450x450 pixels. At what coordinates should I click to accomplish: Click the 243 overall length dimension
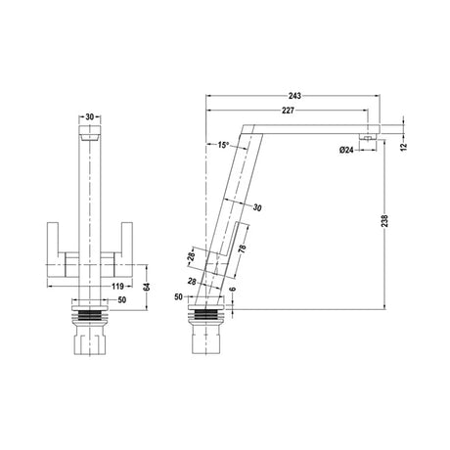[295, 96]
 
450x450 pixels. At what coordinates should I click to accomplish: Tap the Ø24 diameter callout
[345, 150]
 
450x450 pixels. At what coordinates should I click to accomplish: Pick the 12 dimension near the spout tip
[407, 144]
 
